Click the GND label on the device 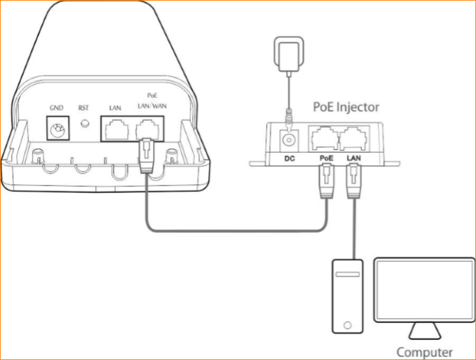coord(57,108)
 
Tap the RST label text coord(83,108)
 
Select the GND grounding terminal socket coord(57,128)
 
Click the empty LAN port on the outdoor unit coord(117,130)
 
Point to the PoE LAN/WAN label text coord(152,101)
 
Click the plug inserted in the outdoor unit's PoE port coord(147,156)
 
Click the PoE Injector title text coord(346,107)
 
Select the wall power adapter coord(288,54)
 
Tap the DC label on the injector coord(290,158)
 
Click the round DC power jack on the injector coord(289,140)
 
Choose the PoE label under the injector coord(326,158)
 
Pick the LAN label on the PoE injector coord(353,158)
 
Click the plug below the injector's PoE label coord(327,181)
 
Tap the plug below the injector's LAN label coord(353,181)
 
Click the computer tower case coord(348,296)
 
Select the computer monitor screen coord(424,290)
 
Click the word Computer coord(424,352)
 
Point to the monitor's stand coord(424,331)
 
